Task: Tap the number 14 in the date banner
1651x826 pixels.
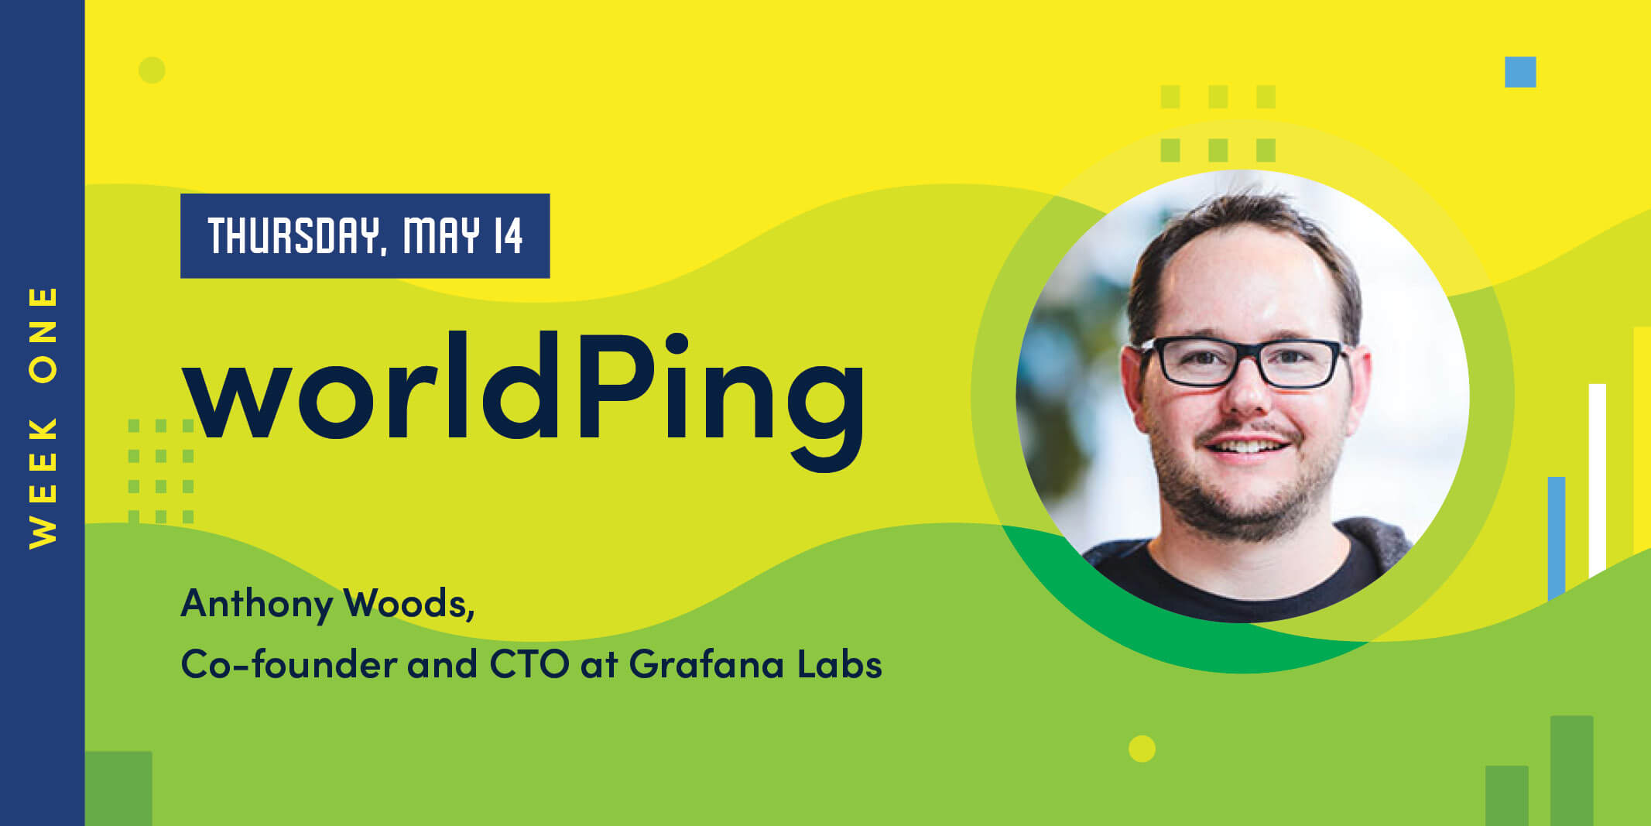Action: click(508, 235)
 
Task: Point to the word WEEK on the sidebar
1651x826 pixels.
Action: click(43, 483)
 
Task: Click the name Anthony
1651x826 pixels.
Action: click(256, 605)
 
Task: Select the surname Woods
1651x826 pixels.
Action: click(409, 603)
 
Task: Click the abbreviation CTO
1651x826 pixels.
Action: click(529, 664)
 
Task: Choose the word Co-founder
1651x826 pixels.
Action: click(289, 663)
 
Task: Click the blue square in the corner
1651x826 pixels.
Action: click(1520, 72)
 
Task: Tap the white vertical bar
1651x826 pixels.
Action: click(1597, 480)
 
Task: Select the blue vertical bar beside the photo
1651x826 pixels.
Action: click(1557, 538)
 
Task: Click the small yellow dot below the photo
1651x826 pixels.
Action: click(1142, 749)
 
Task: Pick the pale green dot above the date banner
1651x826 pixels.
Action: click(152, 70)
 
